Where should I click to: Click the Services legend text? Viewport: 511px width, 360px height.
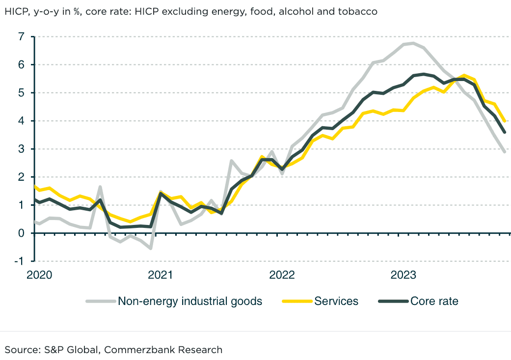tap(336, 301)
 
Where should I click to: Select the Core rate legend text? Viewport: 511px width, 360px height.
tap(434, 301)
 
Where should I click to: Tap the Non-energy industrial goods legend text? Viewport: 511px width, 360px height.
tap(190, 301)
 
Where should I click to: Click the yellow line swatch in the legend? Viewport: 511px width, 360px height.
tap(297, 301)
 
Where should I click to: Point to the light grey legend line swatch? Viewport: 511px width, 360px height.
tap(101, 301)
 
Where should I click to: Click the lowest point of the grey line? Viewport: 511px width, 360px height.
tap(151, 249)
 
